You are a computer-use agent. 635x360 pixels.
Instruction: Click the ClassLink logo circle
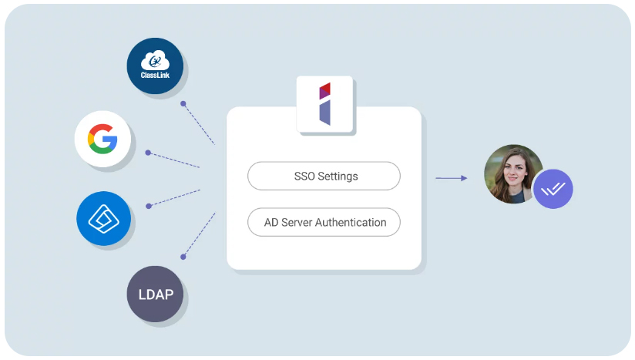(x=155, y=66)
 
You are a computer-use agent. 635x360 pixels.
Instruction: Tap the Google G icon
(x=102, y=140)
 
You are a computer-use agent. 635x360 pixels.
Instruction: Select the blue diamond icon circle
(x=104, y=219)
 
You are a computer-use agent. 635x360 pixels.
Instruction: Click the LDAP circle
(x=155, y=294)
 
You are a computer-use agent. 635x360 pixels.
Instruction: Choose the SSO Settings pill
(x=324, y=176)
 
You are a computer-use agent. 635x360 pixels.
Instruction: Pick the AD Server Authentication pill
(x=324, y=222)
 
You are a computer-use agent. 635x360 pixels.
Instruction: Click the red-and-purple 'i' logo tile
(x=324, y=104)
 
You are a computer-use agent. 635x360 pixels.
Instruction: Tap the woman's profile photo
(x=511, y=174)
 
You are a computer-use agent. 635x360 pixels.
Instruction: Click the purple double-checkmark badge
(x=553, y=189)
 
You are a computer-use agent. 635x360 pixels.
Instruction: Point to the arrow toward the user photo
(x=452, y=178)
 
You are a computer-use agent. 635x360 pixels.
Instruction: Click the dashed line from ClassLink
(x=199, y=123)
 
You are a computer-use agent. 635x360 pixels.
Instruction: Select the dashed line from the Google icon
(x=174, y=160)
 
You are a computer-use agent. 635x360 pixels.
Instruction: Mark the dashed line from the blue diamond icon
(x=174, y=197)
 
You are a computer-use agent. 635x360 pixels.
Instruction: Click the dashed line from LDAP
(x=199, y=235)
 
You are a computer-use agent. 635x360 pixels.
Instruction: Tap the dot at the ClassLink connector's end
(x=183, y=103)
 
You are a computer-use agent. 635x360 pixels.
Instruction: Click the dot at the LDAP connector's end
(x=183, y=257)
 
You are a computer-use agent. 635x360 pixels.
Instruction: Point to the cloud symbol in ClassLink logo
(x=156, y=60)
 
